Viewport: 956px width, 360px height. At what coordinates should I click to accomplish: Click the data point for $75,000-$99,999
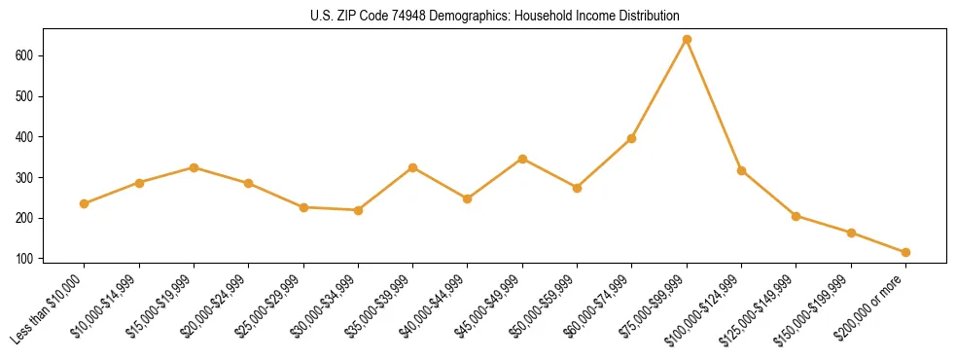(x=687, y=39)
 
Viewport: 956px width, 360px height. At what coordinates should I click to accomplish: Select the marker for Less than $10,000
(x=85, y=203)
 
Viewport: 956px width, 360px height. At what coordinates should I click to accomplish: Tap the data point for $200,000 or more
(x=905, y=252)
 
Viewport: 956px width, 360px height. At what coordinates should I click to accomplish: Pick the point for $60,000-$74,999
(x=632, y=138)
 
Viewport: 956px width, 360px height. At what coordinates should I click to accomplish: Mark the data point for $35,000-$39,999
(x=413, y=167)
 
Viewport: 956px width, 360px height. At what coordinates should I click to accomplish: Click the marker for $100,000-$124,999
(x=741, y=170)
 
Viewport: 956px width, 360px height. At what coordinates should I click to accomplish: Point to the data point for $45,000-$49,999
(x=522, y=159)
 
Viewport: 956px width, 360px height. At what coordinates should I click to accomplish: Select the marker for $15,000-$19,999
(x=195, y=167)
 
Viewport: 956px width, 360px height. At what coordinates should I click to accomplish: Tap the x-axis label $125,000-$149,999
(x=762, y=309)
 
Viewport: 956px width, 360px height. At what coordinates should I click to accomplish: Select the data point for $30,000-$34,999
(x=358, y=210)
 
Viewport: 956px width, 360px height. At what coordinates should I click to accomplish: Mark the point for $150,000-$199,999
(x=851, y=233)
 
